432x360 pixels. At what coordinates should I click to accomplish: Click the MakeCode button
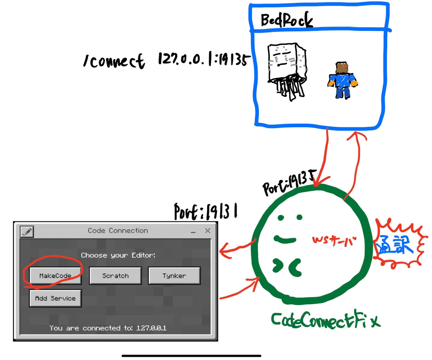click(55, 276)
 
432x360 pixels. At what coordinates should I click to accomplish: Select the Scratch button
click(115, 276)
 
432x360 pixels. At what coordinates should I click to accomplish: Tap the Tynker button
click(174, 276)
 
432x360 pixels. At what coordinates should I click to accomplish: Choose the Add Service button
click(55, 298)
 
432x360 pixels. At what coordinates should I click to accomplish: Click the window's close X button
click(207, 231)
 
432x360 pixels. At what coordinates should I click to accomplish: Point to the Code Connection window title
click(118, 231)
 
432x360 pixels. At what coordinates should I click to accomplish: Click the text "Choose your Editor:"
click(118, 255)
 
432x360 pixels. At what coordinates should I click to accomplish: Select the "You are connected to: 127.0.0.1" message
click(108, 328)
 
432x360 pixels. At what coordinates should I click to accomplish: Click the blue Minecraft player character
click(342, 80)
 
